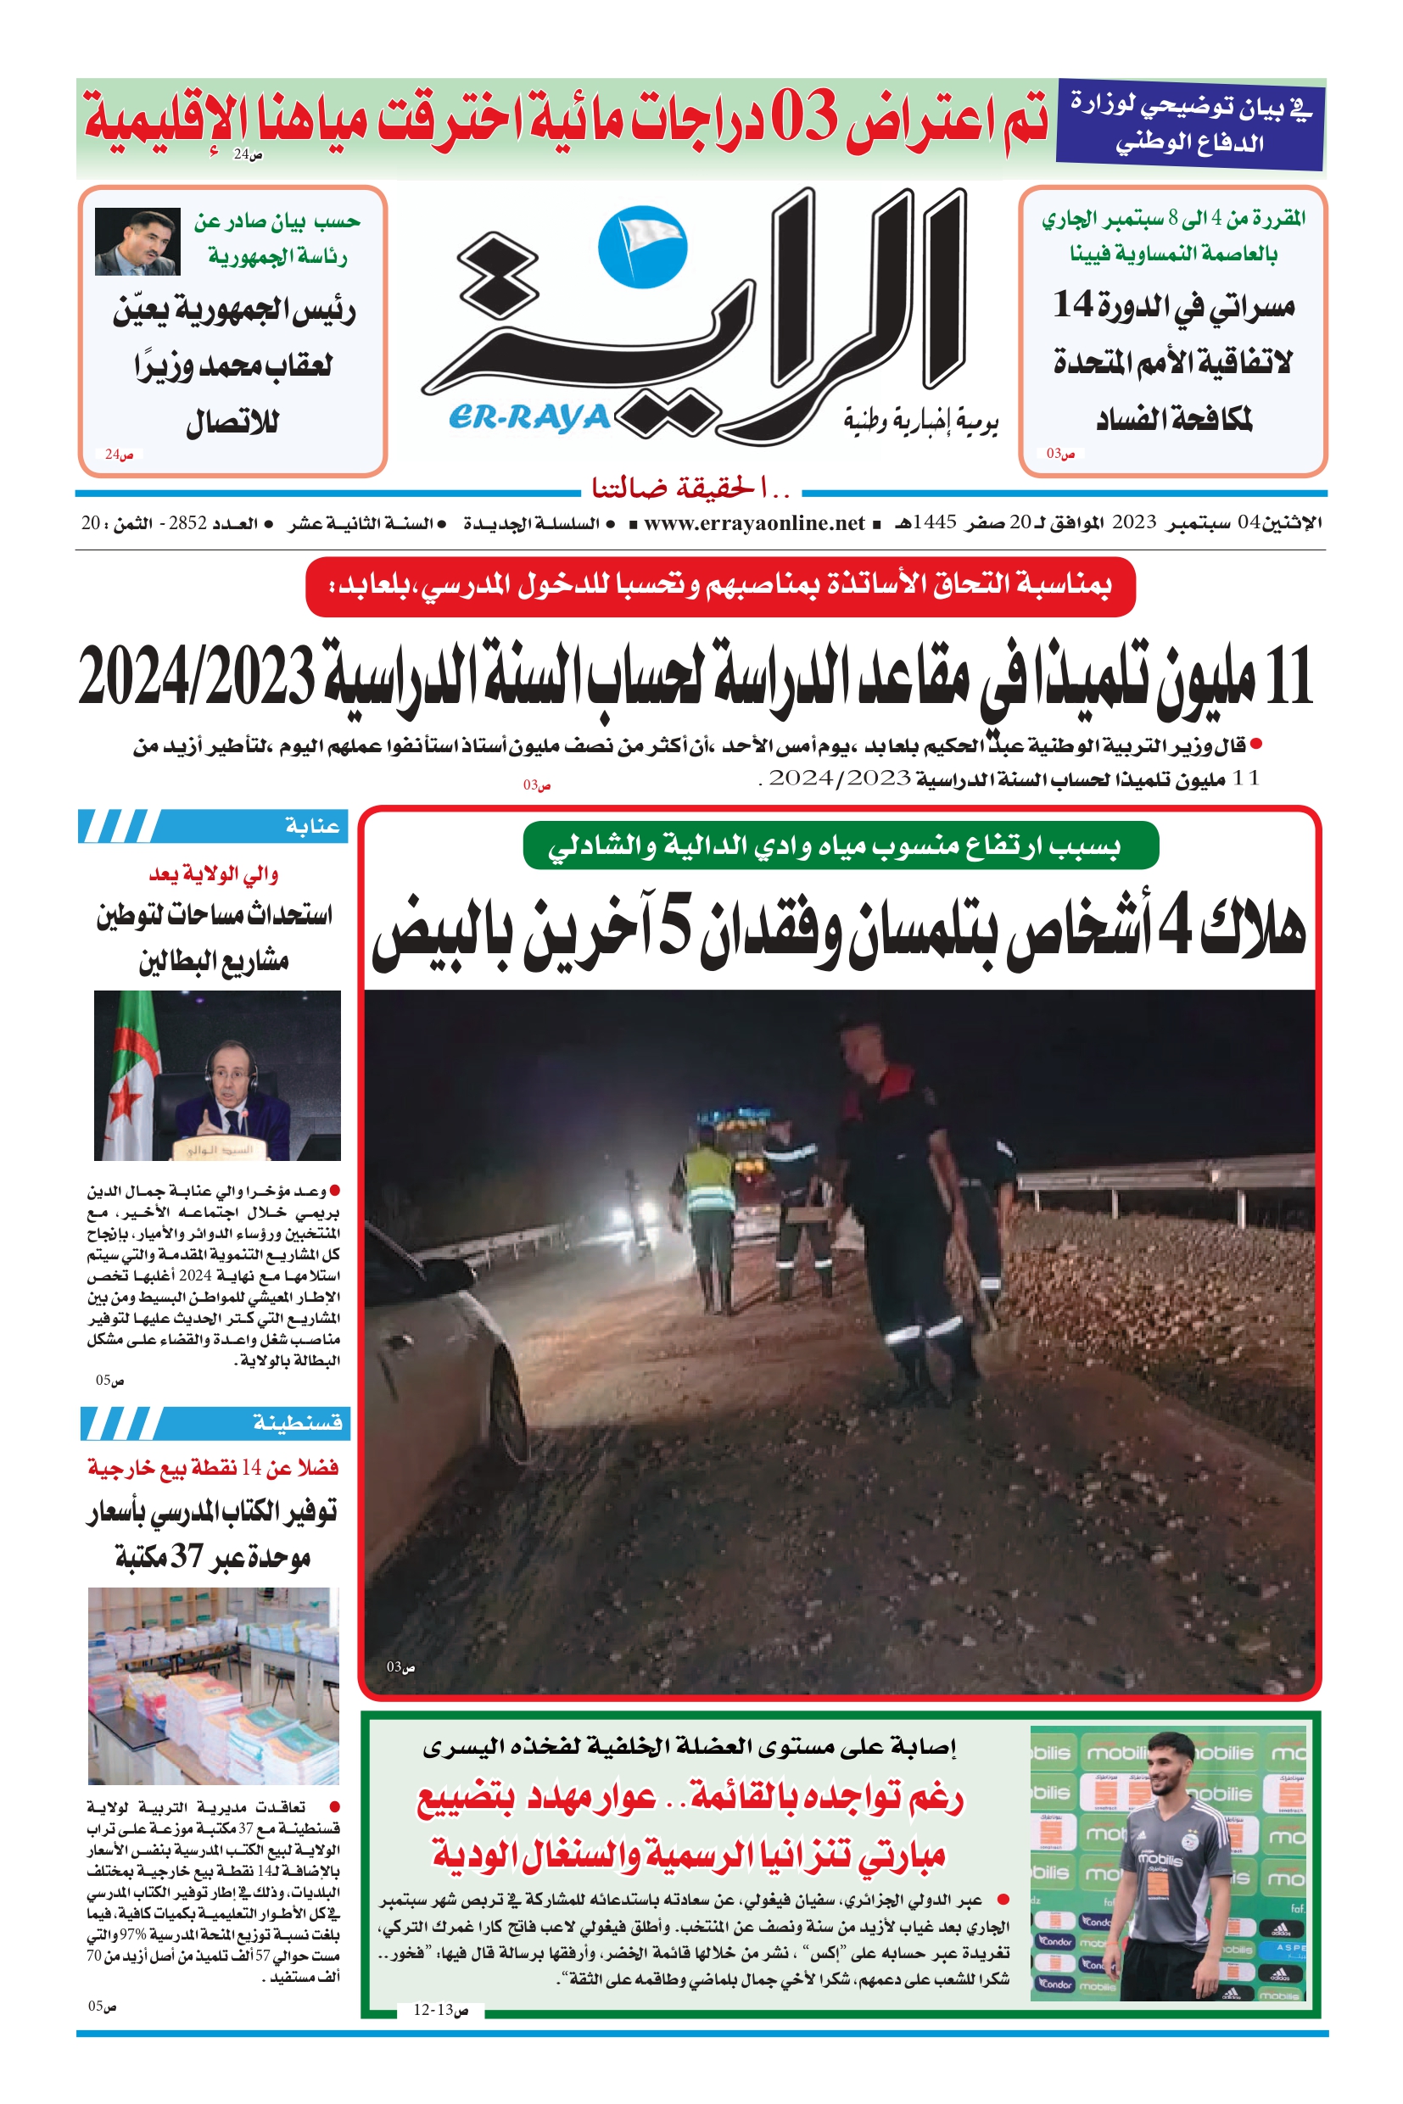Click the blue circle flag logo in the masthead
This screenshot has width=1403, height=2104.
(x=641, y=248)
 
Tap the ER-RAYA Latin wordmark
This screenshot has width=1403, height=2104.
(x=528, y=416)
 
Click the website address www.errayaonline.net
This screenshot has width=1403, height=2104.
(x=753, y=523)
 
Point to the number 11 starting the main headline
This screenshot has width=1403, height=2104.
(x=1289, y=678)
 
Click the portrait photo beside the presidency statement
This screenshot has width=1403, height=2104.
(x=137, y=242)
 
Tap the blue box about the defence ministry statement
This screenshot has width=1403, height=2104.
(x=1189, y=124)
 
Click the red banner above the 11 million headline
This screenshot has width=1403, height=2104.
(x=720, y=587)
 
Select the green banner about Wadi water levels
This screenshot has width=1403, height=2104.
(x=841, y=846)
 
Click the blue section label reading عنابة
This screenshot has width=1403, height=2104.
(x=312, y=826)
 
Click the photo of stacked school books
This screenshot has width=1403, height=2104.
(x=214, y=1685)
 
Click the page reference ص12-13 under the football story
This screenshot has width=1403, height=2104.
(x=440, y=2010)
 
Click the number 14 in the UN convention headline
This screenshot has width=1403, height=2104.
(x=1074, y=304)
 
